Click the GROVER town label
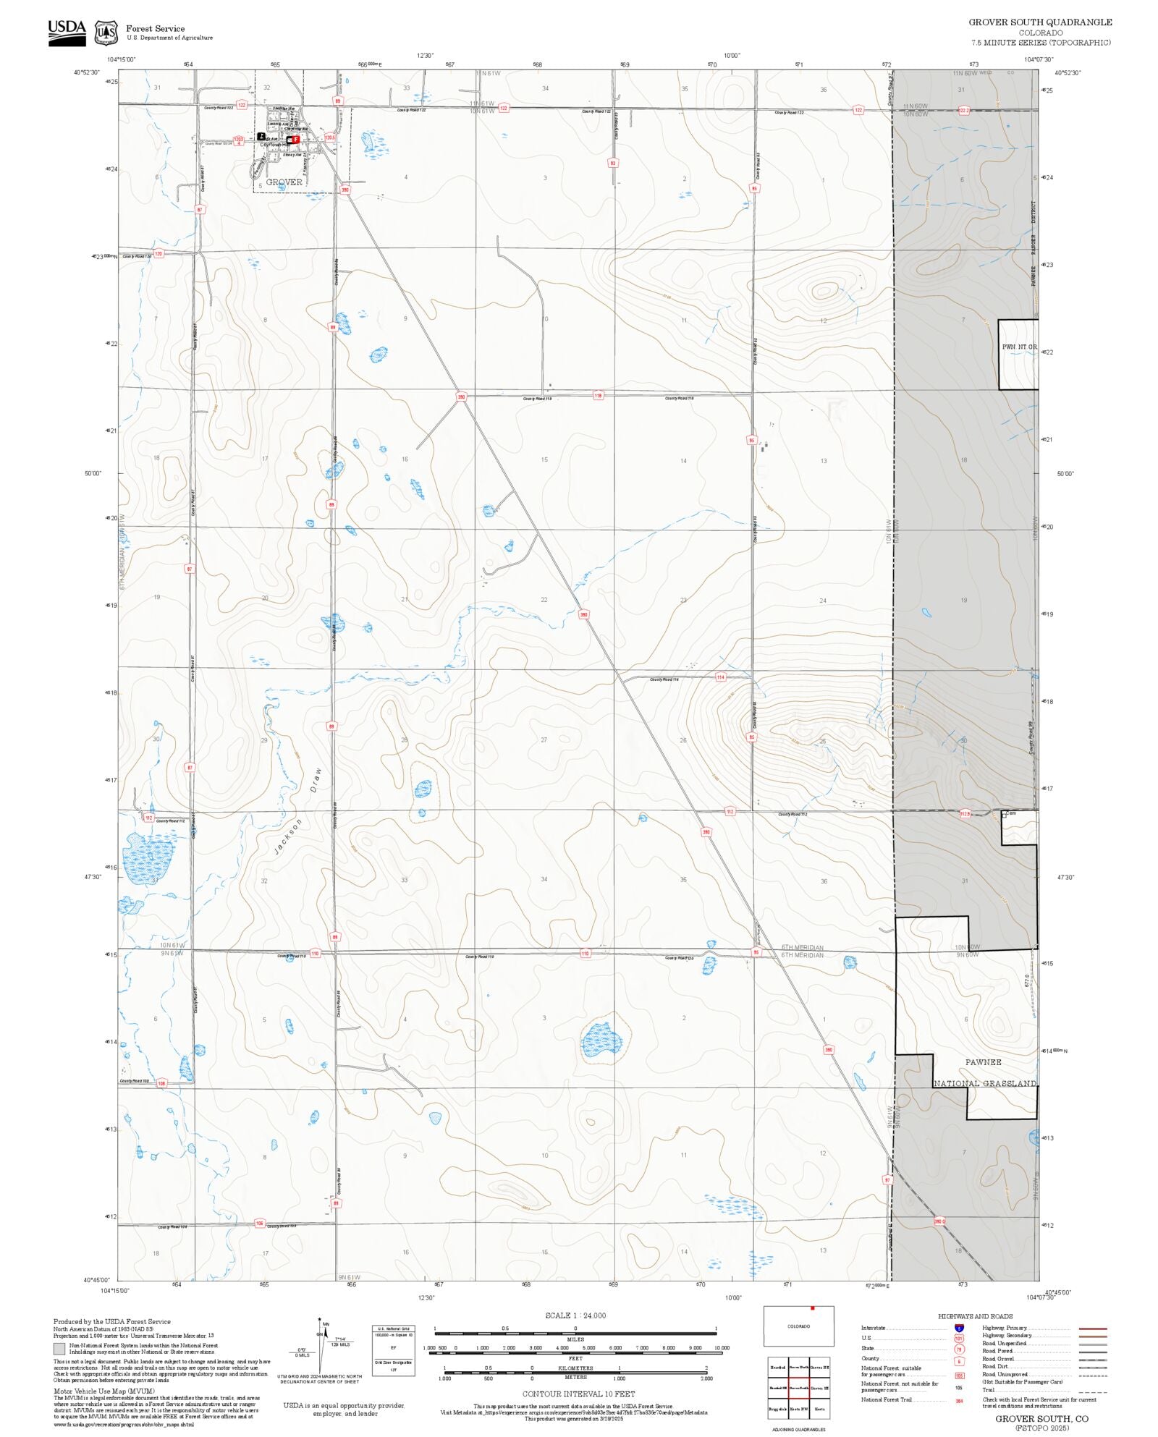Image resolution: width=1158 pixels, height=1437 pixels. pyautogui.click(x=284, y=182)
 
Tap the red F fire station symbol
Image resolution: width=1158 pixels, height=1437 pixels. pyautogui.click(x=295, y=139)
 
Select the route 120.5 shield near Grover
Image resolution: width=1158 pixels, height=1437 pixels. pyautogui.click(x=330, y=136)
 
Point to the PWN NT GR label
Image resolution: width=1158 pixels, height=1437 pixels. pyautogui.click(x=1018, y=347)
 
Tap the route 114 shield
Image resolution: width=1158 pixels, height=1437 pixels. pyautogui.click(x=720, y=677)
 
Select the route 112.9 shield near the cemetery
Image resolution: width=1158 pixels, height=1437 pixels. pyautogui.click(x=965, y=814)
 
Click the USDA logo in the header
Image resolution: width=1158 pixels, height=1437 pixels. pyautogui.click(x=67, y=33)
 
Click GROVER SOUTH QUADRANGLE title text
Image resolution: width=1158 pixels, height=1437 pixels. pyautogui.click(x=1040, y=22)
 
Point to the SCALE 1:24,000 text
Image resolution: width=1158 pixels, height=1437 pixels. pyautogui.click(x=575, y=1315)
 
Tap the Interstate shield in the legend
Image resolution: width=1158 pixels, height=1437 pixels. pyautogui.click(x=959, y=1328)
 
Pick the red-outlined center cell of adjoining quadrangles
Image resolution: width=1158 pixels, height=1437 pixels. pyautogui.click(x=799, y=1388)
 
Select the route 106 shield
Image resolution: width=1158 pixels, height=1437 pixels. pyautogui.click(x=260, y=1223)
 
